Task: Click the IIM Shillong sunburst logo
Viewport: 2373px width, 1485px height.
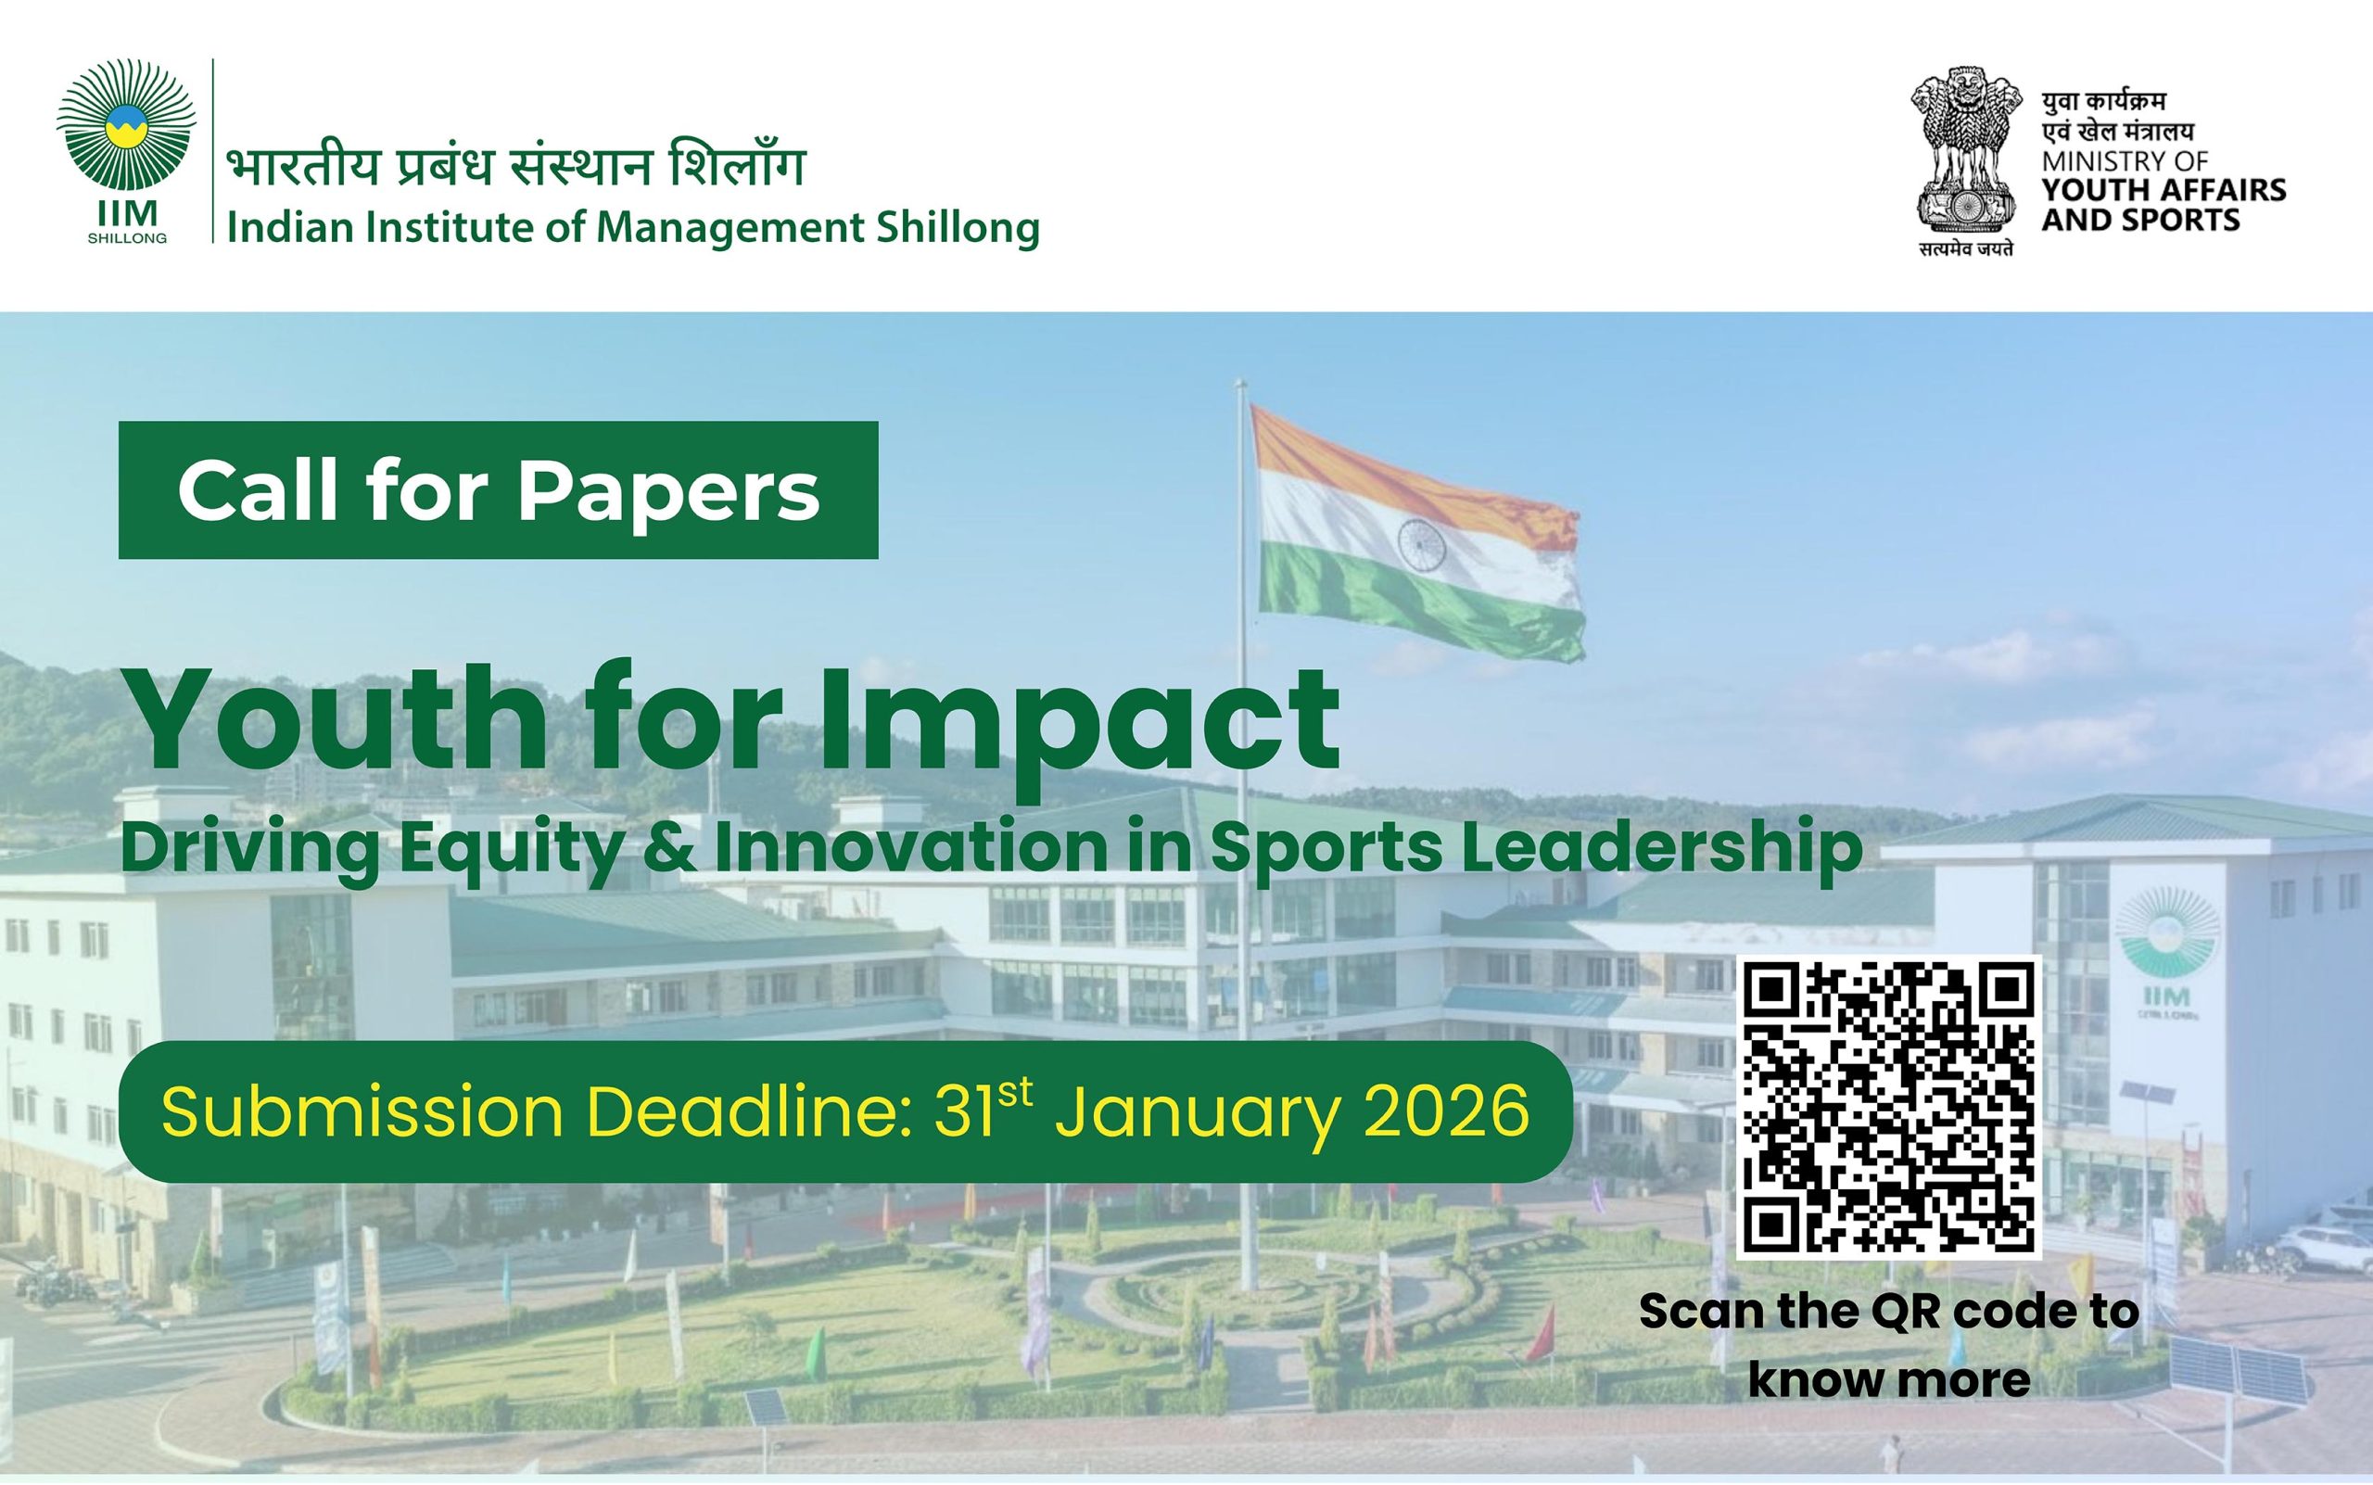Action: pyautogui.click(x=127, y=125)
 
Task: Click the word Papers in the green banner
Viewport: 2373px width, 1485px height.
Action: pyautogui.click(x=668, y=490)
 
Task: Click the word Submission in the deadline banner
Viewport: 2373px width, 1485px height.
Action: pyautogui.click(x=362, y=1112)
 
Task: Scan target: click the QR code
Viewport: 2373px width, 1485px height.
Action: pyautogui.click(x=1889, y=1106)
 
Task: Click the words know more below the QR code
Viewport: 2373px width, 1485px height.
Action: pyautogui.click(x=1889, y=1380)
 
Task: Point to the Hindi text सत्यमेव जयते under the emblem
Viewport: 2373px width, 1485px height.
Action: pyautogui.click(x=1965, y=249)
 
